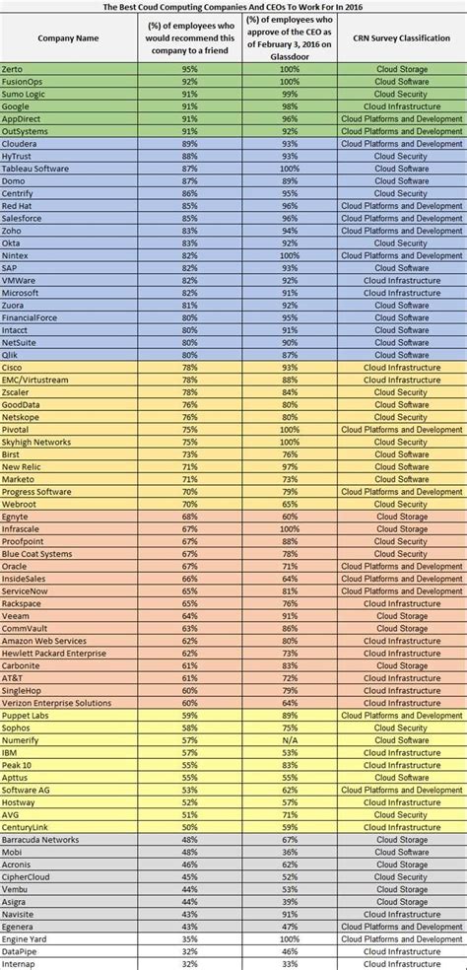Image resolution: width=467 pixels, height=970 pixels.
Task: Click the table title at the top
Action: point(233,5)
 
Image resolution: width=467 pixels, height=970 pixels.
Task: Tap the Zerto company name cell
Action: point(15,68)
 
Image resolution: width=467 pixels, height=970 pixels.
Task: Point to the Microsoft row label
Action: point(23,293)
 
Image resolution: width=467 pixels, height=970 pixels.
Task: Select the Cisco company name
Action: point(15,367)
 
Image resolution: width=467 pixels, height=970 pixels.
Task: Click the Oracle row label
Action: point(17,566)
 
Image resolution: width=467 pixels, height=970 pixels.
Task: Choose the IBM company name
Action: point(11,753)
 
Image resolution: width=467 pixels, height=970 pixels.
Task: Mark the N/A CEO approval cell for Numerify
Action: point(289,740)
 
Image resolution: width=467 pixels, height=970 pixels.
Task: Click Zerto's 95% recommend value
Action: point(180,68)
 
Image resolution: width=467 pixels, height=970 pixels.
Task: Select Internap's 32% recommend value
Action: point(180,963)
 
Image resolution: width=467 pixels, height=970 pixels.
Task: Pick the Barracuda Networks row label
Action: point(40,840)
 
